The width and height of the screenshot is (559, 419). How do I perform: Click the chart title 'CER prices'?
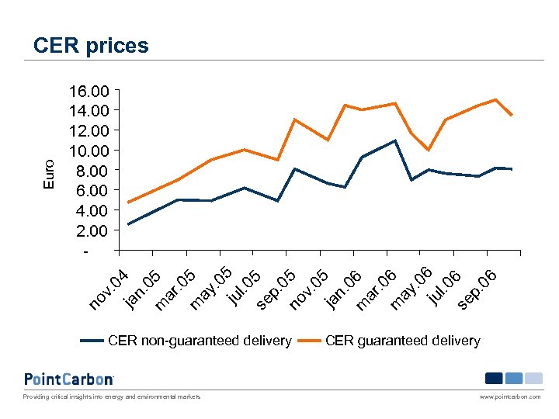pos(91,46)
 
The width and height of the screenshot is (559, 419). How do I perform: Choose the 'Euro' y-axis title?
pos(49,175)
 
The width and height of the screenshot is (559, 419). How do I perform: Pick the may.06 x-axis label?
pos(411,287)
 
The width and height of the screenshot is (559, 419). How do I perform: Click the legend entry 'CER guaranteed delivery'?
pos(403,341)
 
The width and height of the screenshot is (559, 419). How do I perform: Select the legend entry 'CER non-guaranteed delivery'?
pos(200,341)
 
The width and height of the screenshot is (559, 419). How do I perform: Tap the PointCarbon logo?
pos(69,379)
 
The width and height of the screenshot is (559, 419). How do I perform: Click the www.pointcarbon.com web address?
pos(510,396)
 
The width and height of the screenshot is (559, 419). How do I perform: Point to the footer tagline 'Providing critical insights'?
pos(112,396)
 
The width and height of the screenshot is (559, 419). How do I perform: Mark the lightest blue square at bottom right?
pos(533,379)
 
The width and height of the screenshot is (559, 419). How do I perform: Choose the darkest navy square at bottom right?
pos(494,379)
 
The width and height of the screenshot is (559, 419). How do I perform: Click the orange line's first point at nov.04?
pos(129,203)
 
